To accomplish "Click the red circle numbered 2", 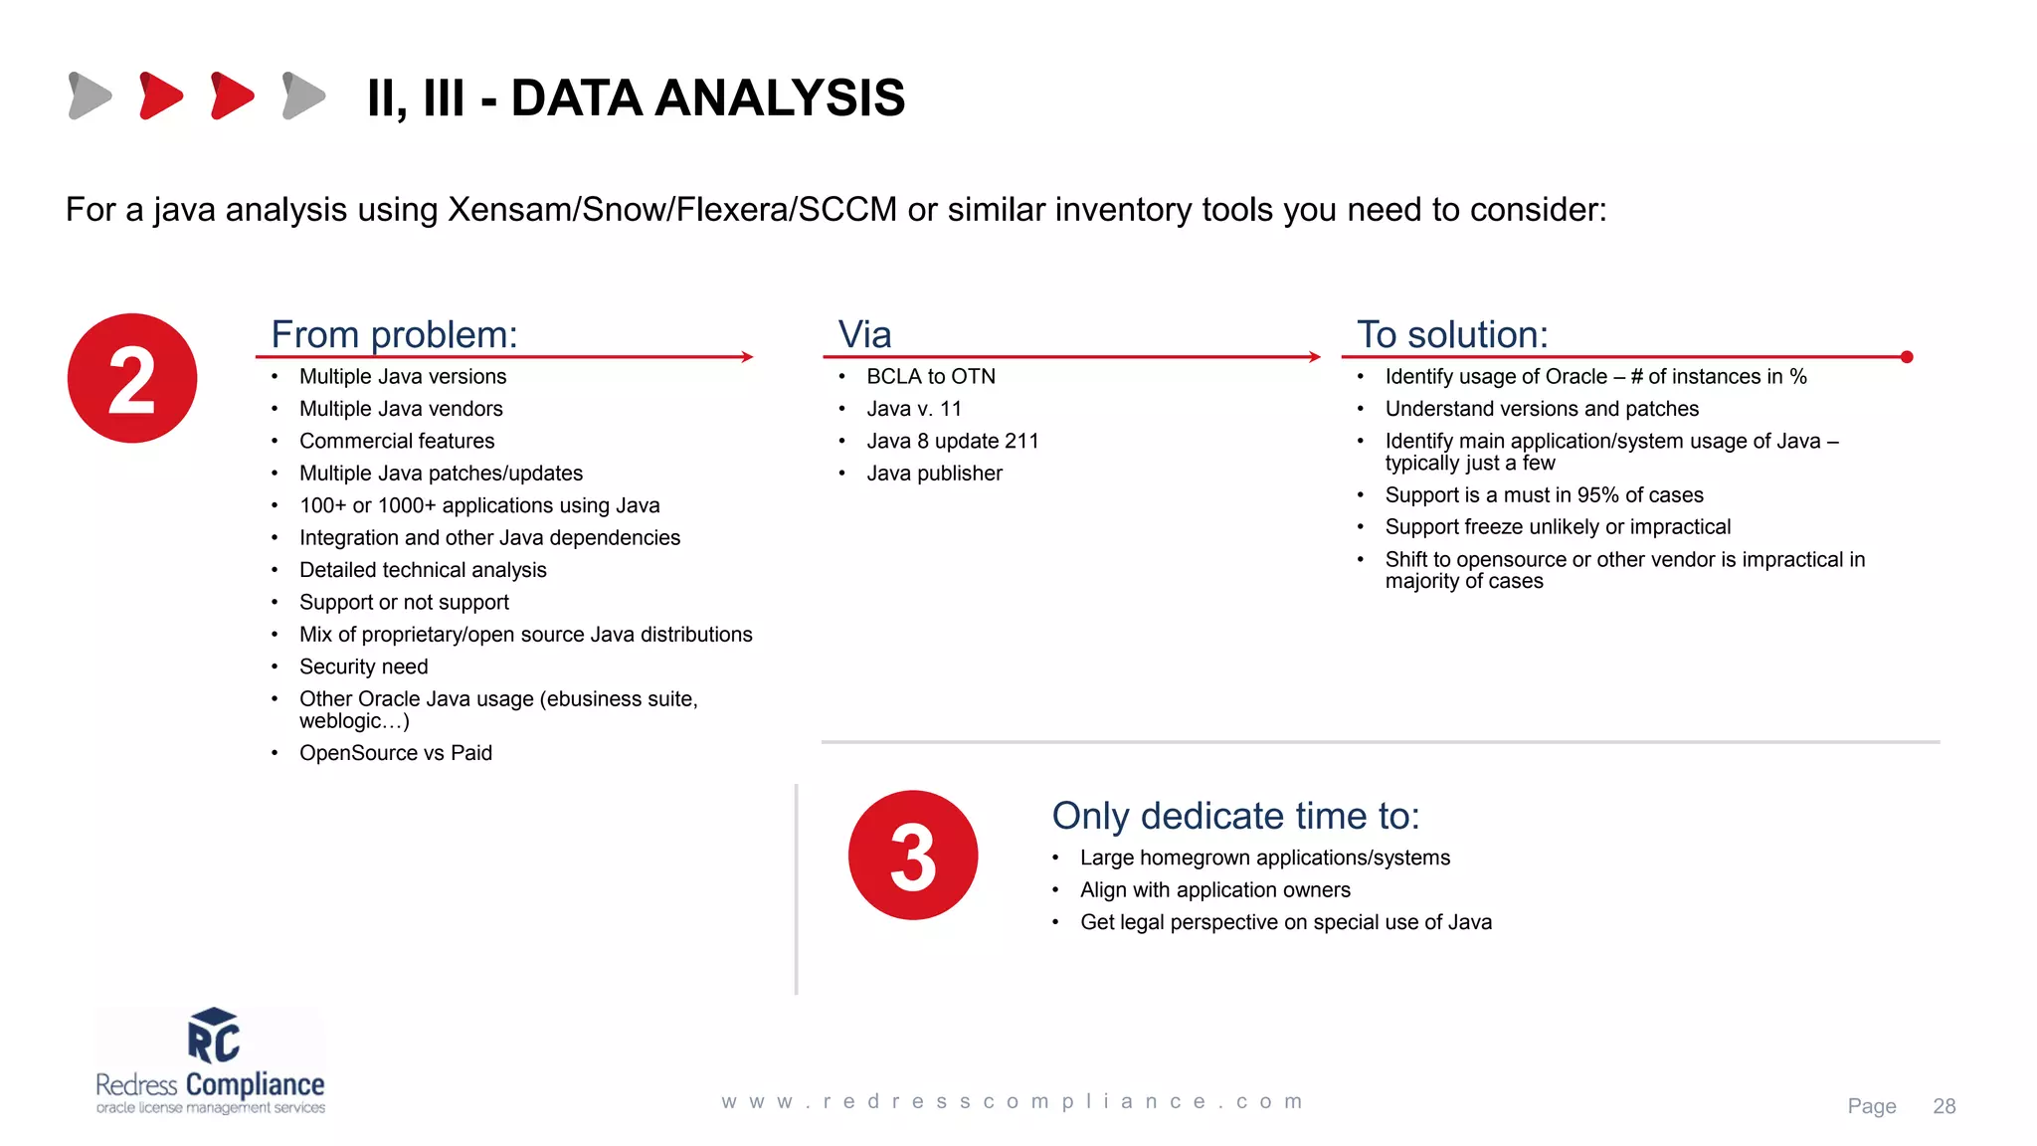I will pos(132,378).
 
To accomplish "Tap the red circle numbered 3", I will pos(913,856).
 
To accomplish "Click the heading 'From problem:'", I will pos(394,335).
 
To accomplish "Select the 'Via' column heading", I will pos(864,335).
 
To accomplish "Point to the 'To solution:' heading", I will pos(1452,335).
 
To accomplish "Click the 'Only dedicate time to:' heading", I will pos(1235,817).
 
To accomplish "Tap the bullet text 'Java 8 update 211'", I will pos(952,441).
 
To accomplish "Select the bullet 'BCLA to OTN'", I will pos(930,377).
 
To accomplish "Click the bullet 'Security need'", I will pos(363,667).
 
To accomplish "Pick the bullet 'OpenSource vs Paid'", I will pos(395,753).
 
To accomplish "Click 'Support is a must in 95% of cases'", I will pos(1544,495).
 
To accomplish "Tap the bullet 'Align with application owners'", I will pos(1214,890).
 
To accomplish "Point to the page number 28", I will pos(1944,1106).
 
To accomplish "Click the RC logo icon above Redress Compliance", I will pos(214,1037).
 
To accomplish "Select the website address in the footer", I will pos(1012,1102).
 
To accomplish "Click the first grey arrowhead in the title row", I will pos(90,95).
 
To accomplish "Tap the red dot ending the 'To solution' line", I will pos(1907,357).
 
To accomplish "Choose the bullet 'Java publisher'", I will pos(934,474).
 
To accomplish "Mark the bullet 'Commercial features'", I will pos(396,441).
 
